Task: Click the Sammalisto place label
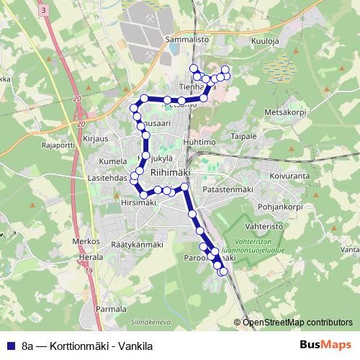pyautogui.click(x=186, y=40)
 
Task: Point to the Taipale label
pyautogui.click(x=243, y=135)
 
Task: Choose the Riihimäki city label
pyautogui.click(x=171, y=171)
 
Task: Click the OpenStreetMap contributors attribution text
pyautogui.click(x=297, y=322)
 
